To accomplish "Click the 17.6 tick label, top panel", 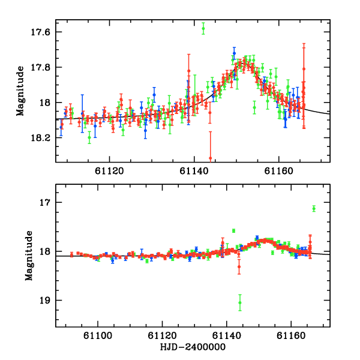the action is pyautogui.click(x=40, y=32).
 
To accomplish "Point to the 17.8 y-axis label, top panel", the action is pyautogui.click(x=40, y=67).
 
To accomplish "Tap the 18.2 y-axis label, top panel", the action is pyautogui.click(x=40, y=138).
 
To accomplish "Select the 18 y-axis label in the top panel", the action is pyautogui.click(x=45, y=103).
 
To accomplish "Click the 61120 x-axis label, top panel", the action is pyautogui.click(x=109, y=171).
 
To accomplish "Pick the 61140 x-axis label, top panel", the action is pyautogui.click(x=194, y=171).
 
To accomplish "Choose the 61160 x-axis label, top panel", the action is pyautogui.click(x=278, y=171).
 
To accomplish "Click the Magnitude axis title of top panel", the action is pyautogui.click(x=20, y=91).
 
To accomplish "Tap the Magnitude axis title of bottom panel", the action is pyautogui.click(x=29, y=256).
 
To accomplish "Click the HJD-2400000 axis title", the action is pyautogui.click(x=193, y=347).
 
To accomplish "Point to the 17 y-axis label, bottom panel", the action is pyautogui.click(x=45, y=203).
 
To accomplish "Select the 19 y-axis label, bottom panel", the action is pyautogui.click(x=45, y=301).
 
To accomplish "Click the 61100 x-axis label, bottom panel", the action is pyautogui.click(x=98, y=335).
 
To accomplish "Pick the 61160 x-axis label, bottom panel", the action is pyautogui.click(x=291, y=335).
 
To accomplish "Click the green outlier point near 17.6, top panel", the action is pyautogui.click(x=203, y=28).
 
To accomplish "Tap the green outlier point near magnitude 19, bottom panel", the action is pyautogui.click(x=240, y=302).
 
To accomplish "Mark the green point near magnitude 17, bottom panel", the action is pyautogui.click(x=314, y=208).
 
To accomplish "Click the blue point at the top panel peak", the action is pyautogui.click(x=234, y=53).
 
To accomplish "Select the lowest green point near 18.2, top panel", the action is pyautogui.click(x=89, y=137).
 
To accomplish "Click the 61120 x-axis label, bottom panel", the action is pyautogui.click(x=162, y=335).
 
